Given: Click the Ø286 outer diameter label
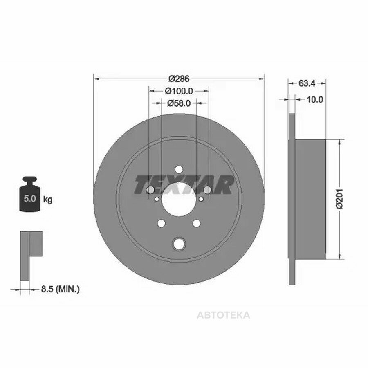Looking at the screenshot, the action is click(179, 79).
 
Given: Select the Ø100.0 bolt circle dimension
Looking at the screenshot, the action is click(179, 91).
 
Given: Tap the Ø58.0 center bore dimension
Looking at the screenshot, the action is click(179, 103).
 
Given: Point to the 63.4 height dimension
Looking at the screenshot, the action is click(307, 83).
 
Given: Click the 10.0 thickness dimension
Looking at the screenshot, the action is click(315, 99).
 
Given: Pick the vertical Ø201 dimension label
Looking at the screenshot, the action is click(340, 198).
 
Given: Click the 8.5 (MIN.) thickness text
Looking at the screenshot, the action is click(61, 289).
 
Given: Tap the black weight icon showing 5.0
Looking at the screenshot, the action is click(30, 194).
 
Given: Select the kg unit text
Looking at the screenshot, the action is click(48, 200).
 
